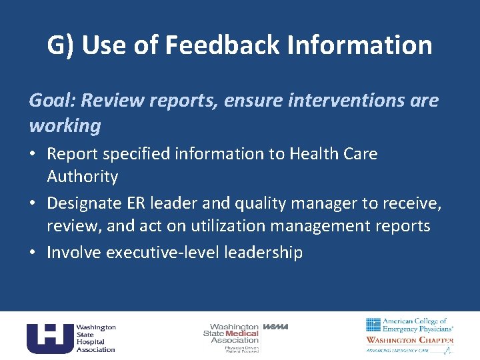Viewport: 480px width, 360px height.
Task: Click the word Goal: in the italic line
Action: pyautogui.click(x=52, y=100)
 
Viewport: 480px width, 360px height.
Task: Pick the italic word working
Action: pyautogui.click(x=65, y=125)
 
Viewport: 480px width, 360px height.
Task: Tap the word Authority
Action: pyautogui.click(x=82, y=177)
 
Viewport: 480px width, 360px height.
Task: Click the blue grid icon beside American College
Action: pyautogui.click(x=373, y=325)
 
